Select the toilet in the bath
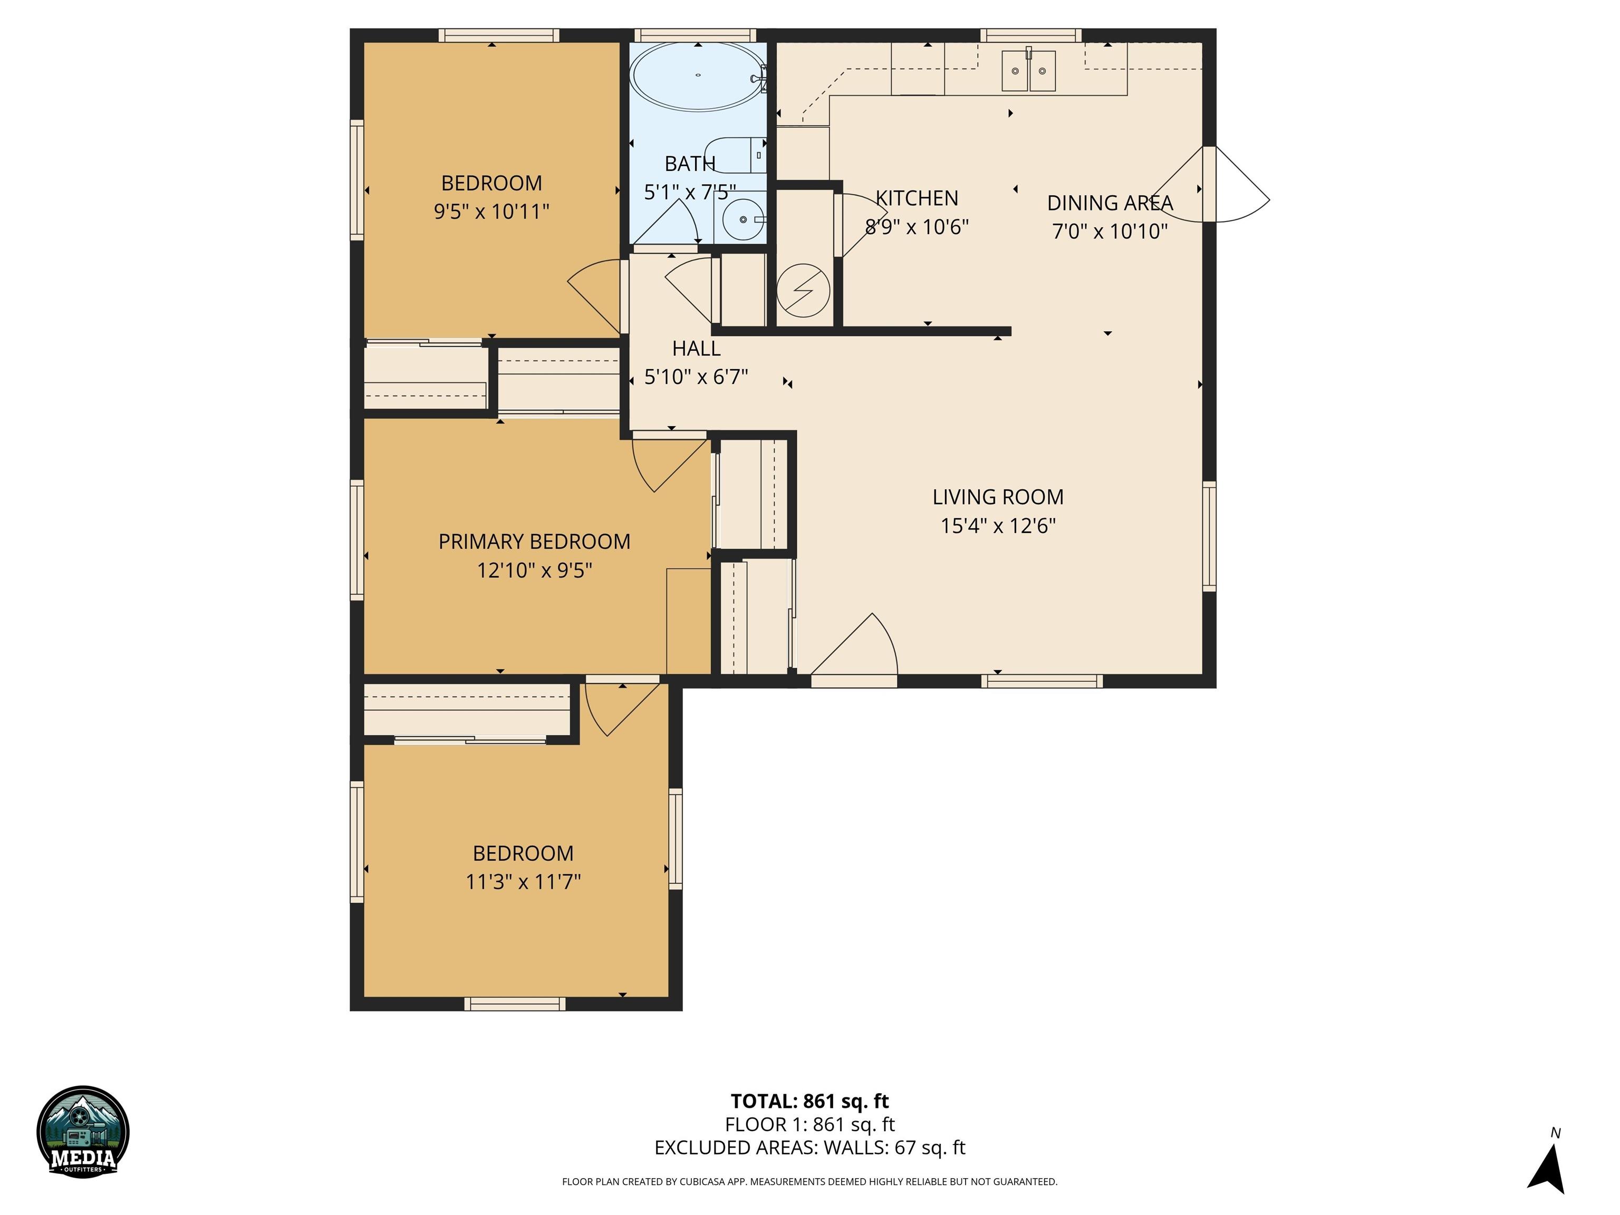pos(736,155)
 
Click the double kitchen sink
pos(1028,70)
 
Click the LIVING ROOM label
pos(998,497)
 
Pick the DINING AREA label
pos(1110,203)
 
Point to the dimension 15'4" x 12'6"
pos(998,526)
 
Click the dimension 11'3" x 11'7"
pos(523,882)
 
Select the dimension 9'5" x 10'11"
pos(491,211)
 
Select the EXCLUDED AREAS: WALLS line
pos(809,1147)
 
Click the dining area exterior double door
pos(1211,184)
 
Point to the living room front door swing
pos(854,644)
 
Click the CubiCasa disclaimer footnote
pos(809,1181)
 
